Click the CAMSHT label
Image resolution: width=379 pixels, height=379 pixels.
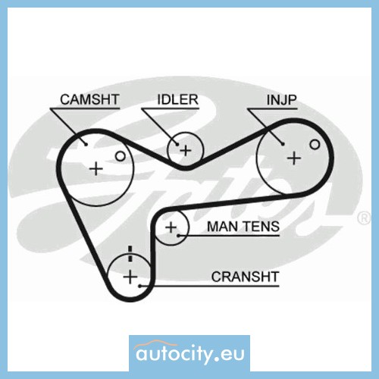point(89,99)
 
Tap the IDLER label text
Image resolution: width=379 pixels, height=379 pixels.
point(177,99)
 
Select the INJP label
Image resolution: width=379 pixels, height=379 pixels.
point(282,100)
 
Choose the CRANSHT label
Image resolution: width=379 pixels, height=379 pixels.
point(245,277)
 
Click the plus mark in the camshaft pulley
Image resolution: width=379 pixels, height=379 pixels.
point(96,168)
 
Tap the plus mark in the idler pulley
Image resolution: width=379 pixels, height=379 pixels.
point(186,151)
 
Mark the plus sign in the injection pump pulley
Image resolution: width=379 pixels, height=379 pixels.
point(294,158)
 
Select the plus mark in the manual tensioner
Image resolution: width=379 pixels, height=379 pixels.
point(171,227)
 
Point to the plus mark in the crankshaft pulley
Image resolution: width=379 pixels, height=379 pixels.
point(130,277)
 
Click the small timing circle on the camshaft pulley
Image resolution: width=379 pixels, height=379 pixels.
point(121,156)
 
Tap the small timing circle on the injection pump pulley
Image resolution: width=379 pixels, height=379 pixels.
point(315,145)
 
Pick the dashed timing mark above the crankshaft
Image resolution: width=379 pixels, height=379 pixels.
point(130,253)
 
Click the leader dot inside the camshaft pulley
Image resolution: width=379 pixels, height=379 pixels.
point(86,144)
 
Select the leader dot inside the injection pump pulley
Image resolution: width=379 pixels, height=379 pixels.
point(283,144)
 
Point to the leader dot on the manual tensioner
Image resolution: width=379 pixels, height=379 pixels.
point(178,236)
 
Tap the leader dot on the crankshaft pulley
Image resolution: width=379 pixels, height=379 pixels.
point(139,286)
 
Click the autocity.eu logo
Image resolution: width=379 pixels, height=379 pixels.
point(189,353)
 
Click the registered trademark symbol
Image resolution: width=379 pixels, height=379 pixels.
point(364,218)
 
